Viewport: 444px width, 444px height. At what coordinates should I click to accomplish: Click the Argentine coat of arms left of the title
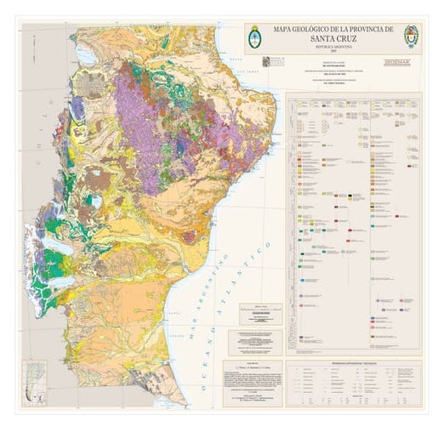[x=254, y=36]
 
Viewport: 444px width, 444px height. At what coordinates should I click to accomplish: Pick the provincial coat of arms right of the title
[x=411, y=36]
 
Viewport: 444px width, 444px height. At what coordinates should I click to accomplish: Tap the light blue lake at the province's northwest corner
[x=87, y=56]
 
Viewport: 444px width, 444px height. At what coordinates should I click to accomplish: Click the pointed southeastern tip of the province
[x=181, y=400]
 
